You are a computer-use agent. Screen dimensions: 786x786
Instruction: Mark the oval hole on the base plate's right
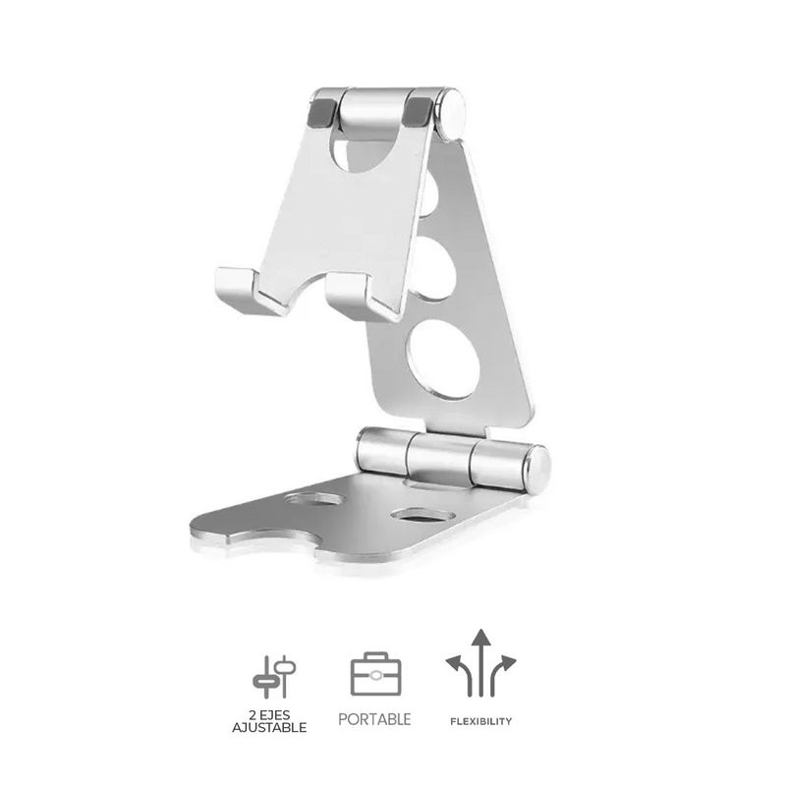coord(415,514)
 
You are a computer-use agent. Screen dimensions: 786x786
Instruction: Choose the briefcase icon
coord(375,675)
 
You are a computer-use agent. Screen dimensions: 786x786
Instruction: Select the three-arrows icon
coord(479,663)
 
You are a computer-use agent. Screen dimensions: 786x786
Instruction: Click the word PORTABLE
coord(374,719)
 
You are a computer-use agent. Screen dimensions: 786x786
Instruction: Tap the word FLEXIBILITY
coord(479,721)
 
